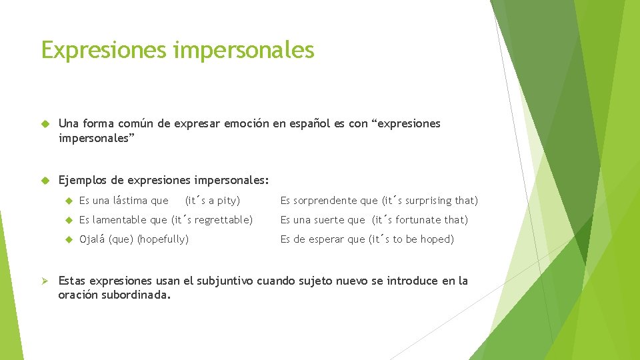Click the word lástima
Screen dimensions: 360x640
tap(131, 201)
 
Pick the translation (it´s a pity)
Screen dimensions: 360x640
tap(212, 201)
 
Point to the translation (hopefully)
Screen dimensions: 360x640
tap(163, 239)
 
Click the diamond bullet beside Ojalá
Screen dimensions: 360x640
tap(69, 239)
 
